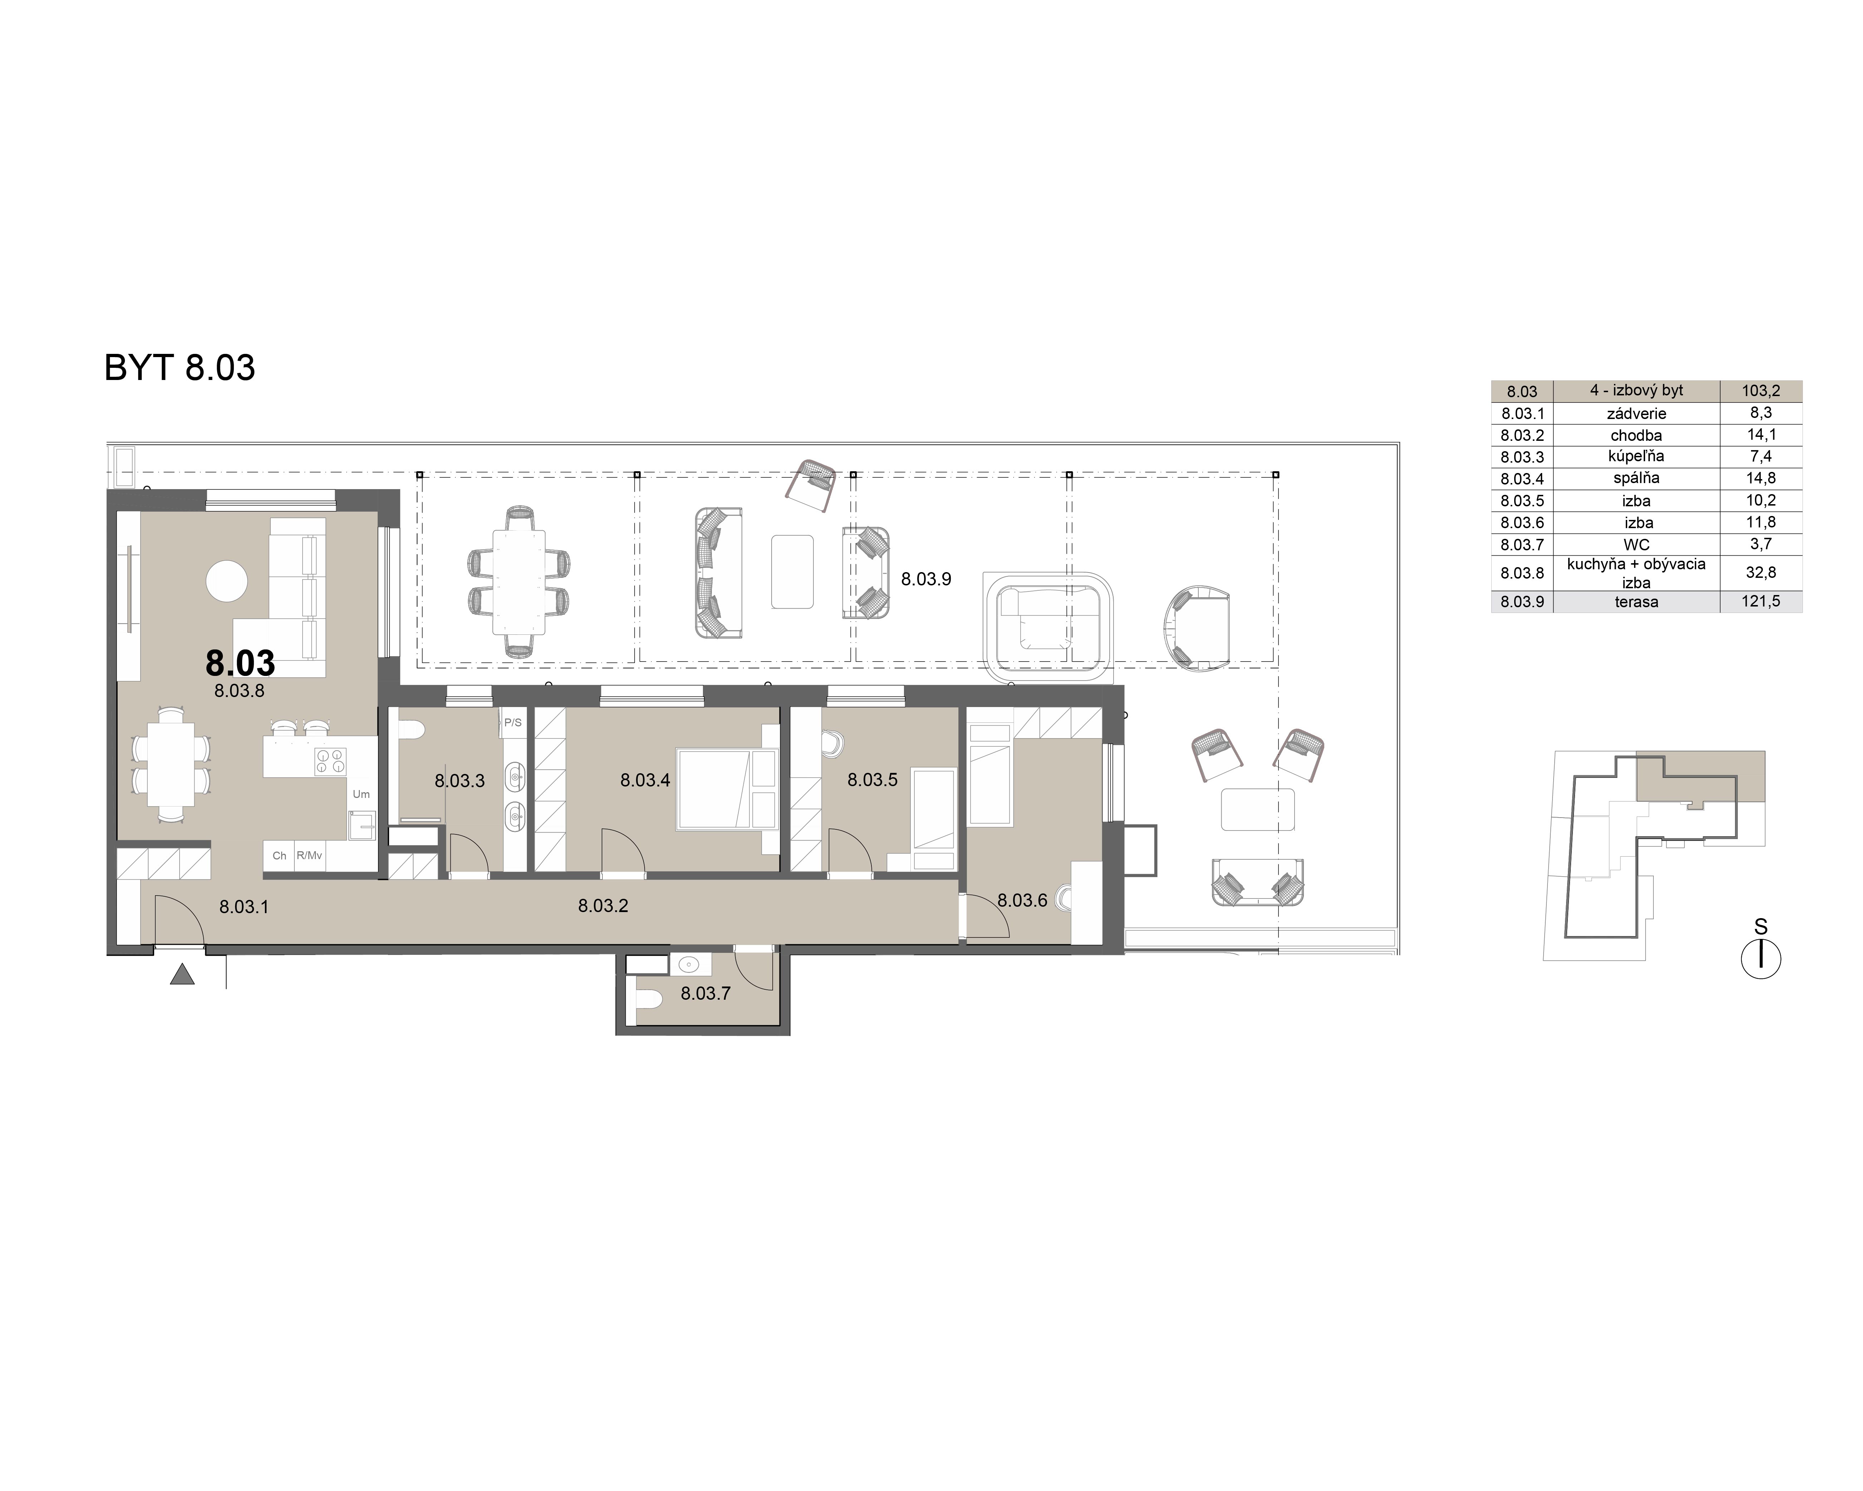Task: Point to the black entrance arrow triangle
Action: click(181, 975)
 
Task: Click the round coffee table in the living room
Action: click(227, 581)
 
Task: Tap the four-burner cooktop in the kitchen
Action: click(330, 761)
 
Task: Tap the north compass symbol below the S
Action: click(1760, 959)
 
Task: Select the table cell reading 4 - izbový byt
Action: click(1636, 391)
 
